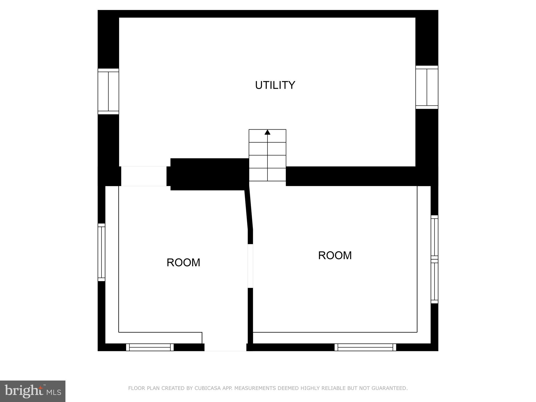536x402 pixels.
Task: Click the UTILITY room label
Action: coord(275,85)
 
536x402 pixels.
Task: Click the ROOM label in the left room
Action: coord(183,263)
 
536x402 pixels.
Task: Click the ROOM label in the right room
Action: coord(335,255)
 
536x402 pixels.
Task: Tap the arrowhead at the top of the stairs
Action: coord(267,132)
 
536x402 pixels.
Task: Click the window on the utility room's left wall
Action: coord(108,91)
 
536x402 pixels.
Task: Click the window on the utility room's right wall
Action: coord(427,87)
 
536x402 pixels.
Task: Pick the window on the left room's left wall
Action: coord(102,252)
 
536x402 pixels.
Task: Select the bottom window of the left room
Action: coord(150,347)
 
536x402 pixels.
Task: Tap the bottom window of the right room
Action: coord(365,347)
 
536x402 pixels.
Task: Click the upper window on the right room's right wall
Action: coord(434,237)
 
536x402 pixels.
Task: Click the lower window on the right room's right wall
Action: coord(434,281)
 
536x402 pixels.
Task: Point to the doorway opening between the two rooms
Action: coord(250,266)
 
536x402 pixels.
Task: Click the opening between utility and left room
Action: coord(144,176)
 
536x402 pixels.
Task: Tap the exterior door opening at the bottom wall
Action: coord(225,347)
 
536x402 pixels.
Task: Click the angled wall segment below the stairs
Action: coord(249,209)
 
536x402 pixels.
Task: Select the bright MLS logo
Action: coord(32,391)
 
